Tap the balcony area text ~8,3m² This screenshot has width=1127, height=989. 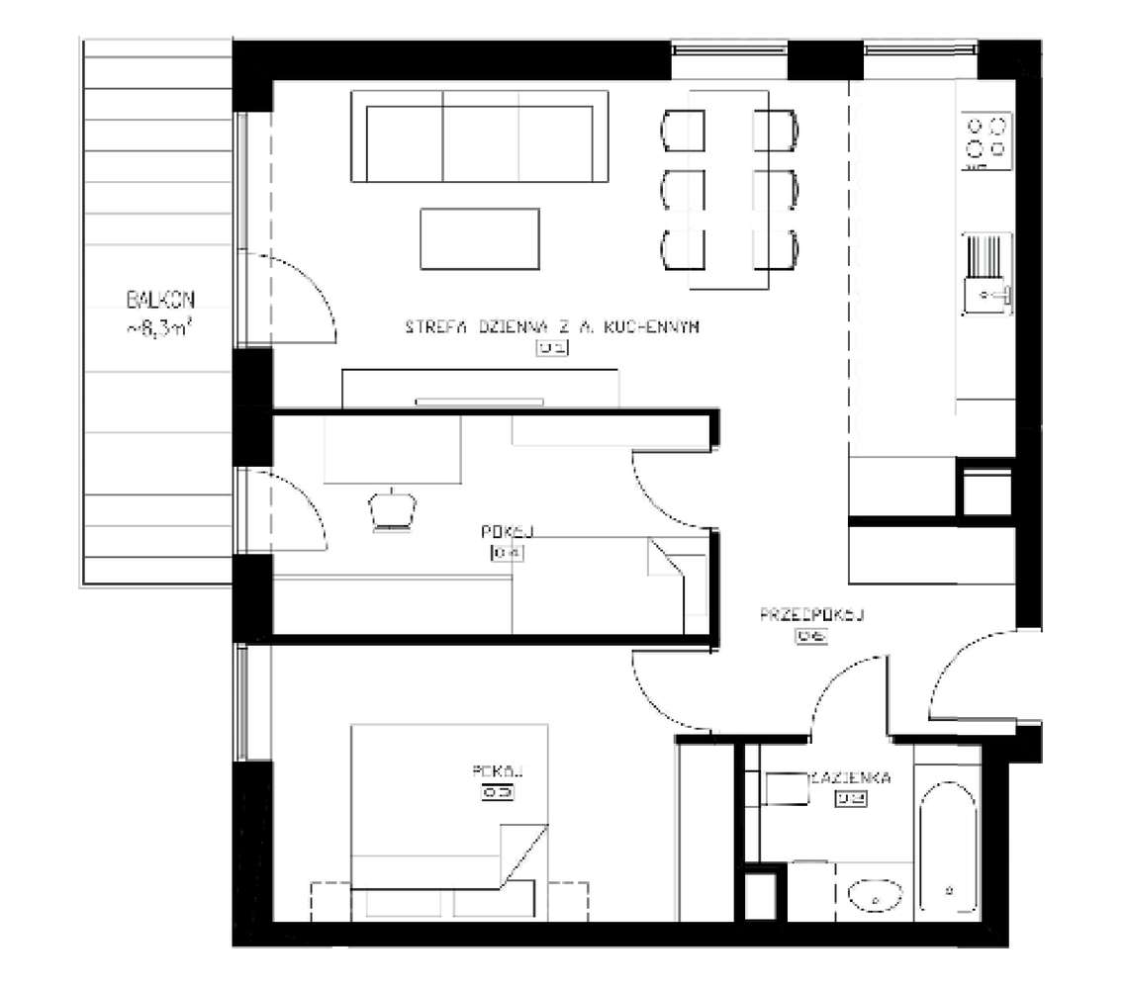(x=158, y=329)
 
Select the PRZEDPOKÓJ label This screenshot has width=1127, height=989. (x=812, y=615)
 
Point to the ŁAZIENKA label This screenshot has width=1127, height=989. (x=851, y=777)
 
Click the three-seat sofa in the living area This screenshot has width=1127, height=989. (x=480, y=136)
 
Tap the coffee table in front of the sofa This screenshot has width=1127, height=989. (x=480, y=239)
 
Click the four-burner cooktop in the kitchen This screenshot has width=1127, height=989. (x=987, y=137)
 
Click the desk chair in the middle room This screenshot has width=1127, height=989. (x=394, y=508)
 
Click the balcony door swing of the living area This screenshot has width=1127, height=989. (x=297, y=297)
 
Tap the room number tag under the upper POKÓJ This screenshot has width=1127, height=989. (x=506, y=553)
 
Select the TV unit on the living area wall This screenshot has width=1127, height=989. (x=481, y=389)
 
